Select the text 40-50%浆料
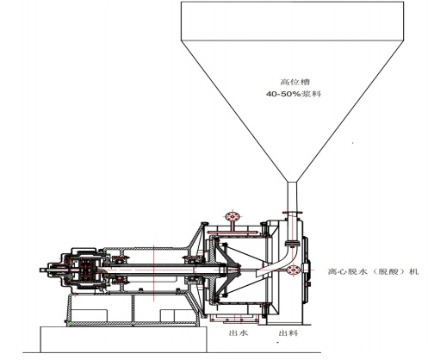click(294, 94)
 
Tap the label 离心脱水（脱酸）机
click(374, 271)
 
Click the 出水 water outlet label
click(239, 332)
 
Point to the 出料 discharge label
click(288, 333)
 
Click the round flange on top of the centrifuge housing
click(232, 216)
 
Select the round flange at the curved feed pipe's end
click(294, 270)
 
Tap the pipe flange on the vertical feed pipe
click(293, 213)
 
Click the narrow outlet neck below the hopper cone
click(292, 196)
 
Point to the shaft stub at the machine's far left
click(45, 270)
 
